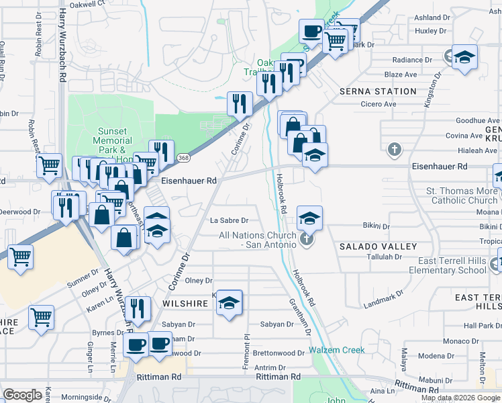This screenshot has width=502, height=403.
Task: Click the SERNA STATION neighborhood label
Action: pyautogui.click(x=378, y=91)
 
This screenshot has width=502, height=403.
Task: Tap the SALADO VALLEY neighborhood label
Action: pyautogui.click(x=378, y=247)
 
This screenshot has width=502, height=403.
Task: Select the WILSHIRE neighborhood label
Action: pyautogui.click(x=185, y=304)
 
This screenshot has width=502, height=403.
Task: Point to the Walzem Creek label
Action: pyautogui.click(x=337, y=350)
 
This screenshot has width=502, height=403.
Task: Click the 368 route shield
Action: pyautogui.click(x=183, y=157)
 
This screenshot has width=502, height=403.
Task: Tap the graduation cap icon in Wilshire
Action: pyautogui.click(x=229, y=303)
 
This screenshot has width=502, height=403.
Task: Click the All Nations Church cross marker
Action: pyautogui.click(x=307, y=239)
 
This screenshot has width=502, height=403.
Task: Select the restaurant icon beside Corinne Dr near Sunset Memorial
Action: pyautogui.click(x=240, y=103)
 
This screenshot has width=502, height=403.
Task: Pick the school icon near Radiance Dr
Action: pyautogui.click(x=464, y=57)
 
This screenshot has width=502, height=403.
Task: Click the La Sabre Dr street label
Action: pyautogui.click(x=229, y=220)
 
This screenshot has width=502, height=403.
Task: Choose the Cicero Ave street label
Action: pyautogui.click(x=379, y=104)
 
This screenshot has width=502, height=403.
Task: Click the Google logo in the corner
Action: pyautogui.click(x=22, y=395)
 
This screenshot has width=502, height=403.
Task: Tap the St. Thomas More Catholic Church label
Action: pyautogui.click(x=462, y=195)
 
